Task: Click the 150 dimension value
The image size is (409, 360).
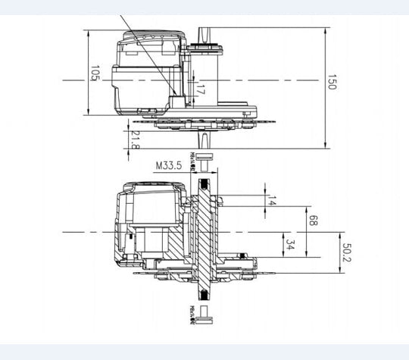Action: point(331,83)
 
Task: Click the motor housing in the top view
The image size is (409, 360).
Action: point(148,72)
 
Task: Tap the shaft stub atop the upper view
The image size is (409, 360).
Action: point(204,34)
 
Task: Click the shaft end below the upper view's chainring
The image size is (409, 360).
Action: point(204,139)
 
